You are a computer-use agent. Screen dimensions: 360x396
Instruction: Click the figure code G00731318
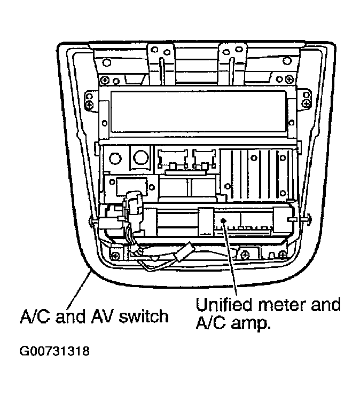coord(54,351)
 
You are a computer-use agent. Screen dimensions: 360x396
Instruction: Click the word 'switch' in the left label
coord(144,316)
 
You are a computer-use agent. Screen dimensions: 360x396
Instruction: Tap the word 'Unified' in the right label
coord(224,305)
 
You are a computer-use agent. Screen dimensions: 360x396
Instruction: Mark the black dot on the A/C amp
coord(223,221)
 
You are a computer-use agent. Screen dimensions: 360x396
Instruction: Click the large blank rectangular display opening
coord(198,111)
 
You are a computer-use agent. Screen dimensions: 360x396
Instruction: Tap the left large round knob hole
coord(115,159)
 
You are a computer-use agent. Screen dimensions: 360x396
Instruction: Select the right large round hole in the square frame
coord(141,157)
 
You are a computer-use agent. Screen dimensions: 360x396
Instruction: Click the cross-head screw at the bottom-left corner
coord(115,256)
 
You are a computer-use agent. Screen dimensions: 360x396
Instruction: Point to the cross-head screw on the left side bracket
coord(89,104)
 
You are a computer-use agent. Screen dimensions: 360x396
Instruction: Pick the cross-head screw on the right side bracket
coord(306,103)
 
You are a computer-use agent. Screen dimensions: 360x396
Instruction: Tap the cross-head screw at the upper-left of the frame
coord(104,81)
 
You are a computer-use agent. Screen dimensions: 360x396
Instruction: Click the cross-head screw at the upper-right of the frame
coord(289,80)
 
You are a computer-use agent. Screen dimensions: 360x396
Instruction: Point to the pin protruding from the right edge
coord(307,219)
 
